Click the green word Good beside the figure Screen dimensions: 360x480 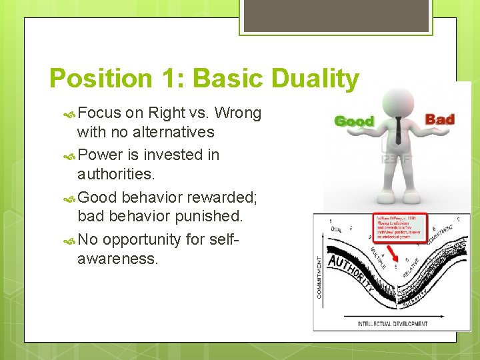click(x=353, y=121)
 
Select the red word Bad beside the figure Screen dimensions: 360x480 click(x=439, y=120)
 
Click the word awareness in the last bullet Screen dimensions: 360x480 click(x=118, y=259)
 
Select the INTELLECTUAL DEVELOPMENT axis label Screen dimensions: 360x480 click(x=393, y=324)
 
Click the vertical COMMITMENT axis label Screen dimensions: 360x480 click(x=320, y=277)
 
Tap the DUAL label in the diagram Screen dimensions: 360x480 click(x=337, y=229)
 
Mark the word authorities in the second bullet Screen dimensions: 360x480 click(x=116, y=174)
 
